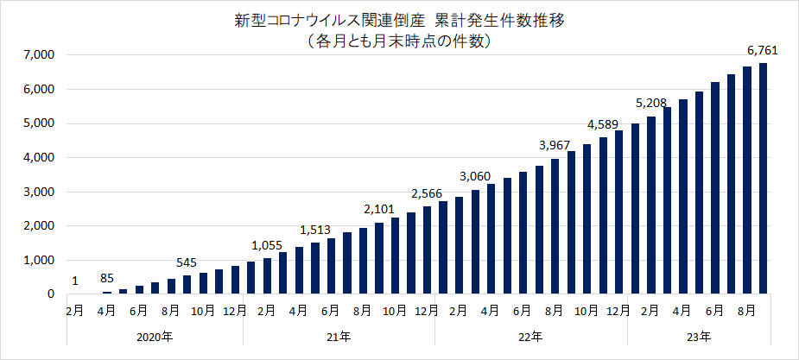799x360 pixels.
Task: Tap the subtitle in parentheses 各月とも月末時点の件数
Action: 398,40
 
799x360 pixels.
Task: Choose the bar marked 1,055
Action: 268,276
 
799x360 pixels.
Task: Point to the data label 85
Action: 107,277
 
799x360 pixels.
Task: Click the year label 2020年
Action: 155,336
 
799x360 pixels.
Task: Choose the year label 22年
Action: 531,336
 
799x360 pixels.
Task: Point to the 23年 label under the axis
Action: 700,336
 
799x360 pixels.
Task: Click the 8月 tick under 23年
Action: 747,310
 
